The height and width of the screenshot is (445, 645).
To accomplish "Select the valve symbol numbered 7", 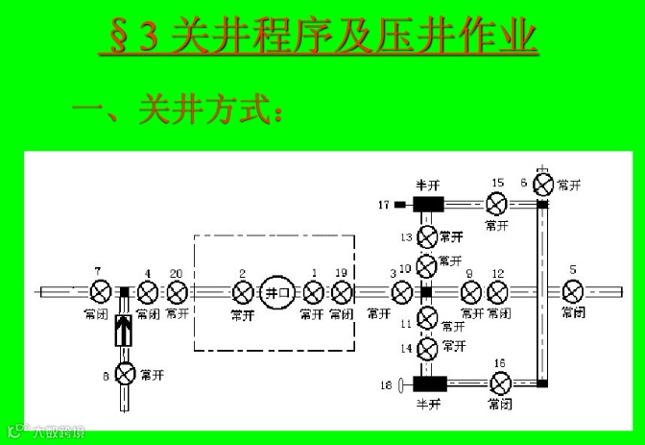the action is (100, 291).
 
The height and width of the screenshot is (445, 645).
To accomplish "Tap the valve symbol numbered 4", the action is (147, 291).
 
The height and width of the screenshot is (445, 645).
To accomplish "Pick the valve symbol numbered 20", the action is (177, 291).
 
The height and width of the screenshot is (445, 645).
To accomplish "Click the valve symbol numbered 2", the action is (242, 291).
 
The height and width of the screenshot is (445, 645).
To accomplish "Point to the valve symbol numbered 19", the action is (342, 291).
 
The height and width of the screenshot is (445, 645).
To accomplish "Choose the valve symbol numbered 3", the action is (402, 291).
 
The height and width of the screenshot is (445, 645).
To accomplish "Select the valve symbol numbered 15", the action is (496, 204).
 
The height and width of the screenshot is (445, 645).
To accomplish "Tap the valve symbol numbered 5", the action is (573, 291).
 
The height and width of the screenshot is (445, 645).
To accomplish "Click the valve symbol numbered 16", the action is (497, 383).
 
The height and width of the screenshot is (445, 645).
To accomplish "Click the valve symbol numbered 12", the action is (497, 291).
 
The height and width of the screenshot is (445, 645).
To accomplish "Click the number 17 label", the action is (383, 204).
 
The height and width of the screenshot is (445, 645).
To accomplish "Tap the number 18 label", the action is (385, 385).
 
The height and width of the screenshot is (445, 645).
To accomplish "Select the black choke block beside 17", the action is (427, 204).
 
